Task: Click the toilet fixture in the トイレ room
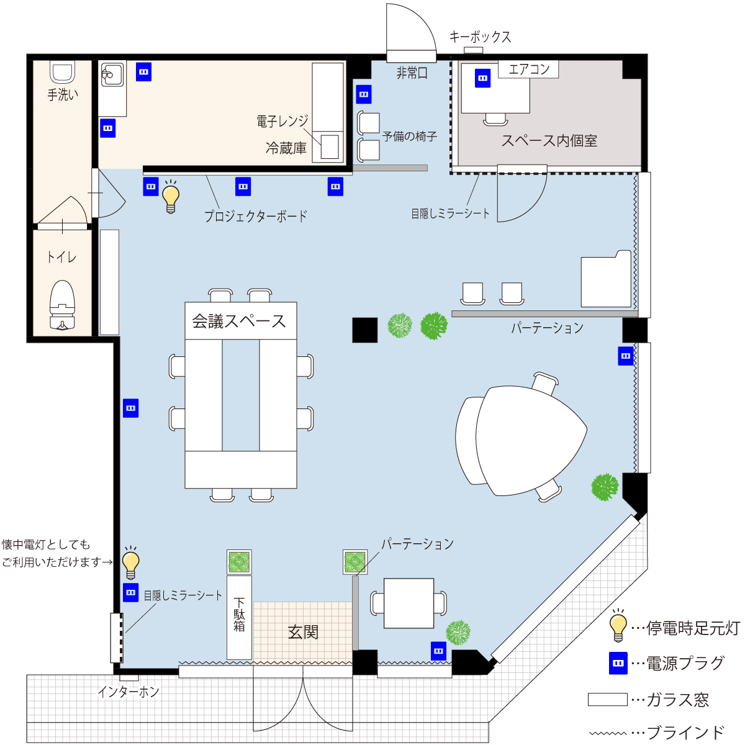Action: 62,305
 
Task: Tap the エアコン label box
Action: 528,69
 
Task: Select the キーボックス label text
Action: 480,37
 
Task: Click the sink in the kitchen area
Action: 112,74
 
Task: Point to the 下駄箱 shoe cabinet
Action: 239,617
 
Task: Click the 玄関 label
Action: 303,633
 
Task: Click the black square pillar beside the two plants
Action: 364,330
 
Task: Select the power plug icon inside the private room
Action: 482,78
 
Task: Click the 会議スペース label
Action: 239,321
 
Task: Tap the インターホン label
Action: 129,691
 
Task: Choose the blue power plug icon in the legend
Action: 618,663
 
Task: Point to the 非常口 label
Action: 412,73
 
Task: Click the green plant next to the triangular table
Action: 605,487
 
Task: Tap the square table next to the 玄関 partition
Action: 409,603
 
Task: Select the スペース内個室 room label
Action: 549,141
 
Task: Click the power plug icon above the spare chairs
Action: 363,94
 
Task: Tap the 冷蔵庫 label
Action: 286,148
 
